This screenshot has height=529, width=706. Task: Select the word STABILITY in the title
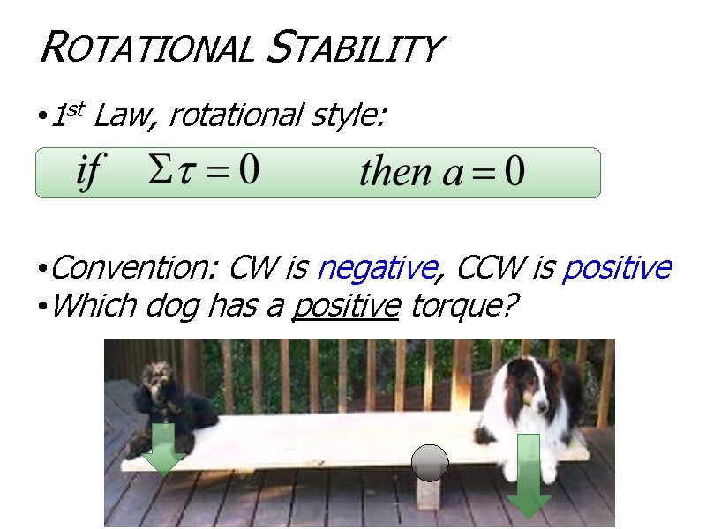(353, 48)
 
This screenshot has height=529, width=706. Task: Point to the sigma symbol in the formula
(160, 169)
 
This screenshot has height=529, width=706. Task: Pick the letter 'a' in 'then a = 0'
(453, 173)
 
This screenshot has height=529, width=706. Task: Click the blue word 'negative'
(376, 266)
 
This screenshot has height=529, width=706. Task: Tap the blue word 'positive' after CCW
(617, 266)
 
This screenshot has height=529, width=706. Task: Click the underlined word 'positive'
(347, 306)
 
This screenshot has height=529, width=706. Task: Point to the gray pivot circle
(430, 463)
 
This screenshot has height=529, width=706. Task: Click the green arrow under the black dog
(164, 448)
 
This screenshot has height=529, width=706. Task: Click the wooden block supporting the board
(429, 493)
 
